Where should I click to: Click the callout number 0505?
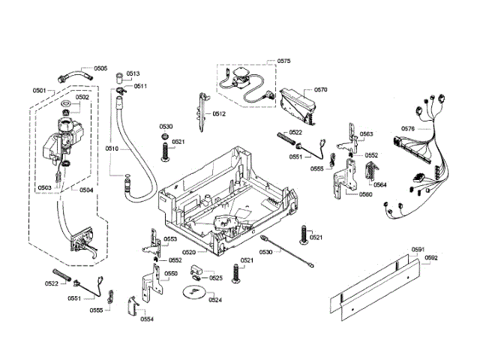pos(100,68)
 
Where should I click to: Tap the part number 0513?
pos(133,73)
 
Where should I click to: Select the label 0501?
pos(40,90)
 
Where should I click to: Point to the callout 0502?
pos(82,97)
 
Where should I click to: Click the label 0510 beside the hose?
pos(112,148)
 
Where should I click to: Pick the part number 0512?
pos(219,114)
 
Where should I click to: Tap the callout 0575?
pos(283,60)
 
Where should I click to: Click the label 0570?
pos(321,90)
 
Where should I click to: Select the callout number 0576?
pos(407,128)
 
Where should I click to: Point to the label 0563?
pos(366,134)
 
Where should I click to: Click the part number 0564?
pos(380,184)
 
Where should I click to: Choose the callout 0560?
pos(365,194)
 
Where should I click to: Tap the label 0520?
pos(188,253)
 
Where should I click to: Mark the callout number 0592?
pos(430,257)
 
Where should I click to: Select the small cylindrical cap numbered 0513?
pos(118,77)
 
